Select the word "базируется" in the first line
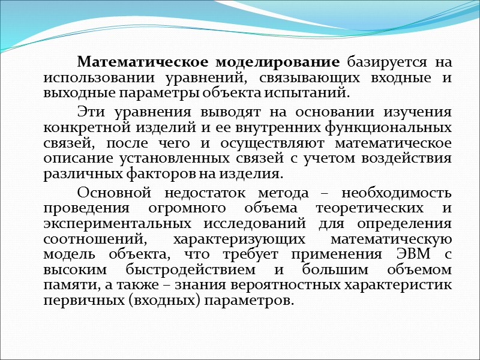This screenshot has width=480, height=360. tap(386, 62)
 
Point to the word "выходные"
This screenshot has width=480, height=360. tap(74, 94)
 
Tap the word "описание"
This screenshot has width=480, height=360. tap(73, 159)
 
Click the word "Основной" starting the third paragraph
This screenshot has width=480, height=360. tap(112, 193)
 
